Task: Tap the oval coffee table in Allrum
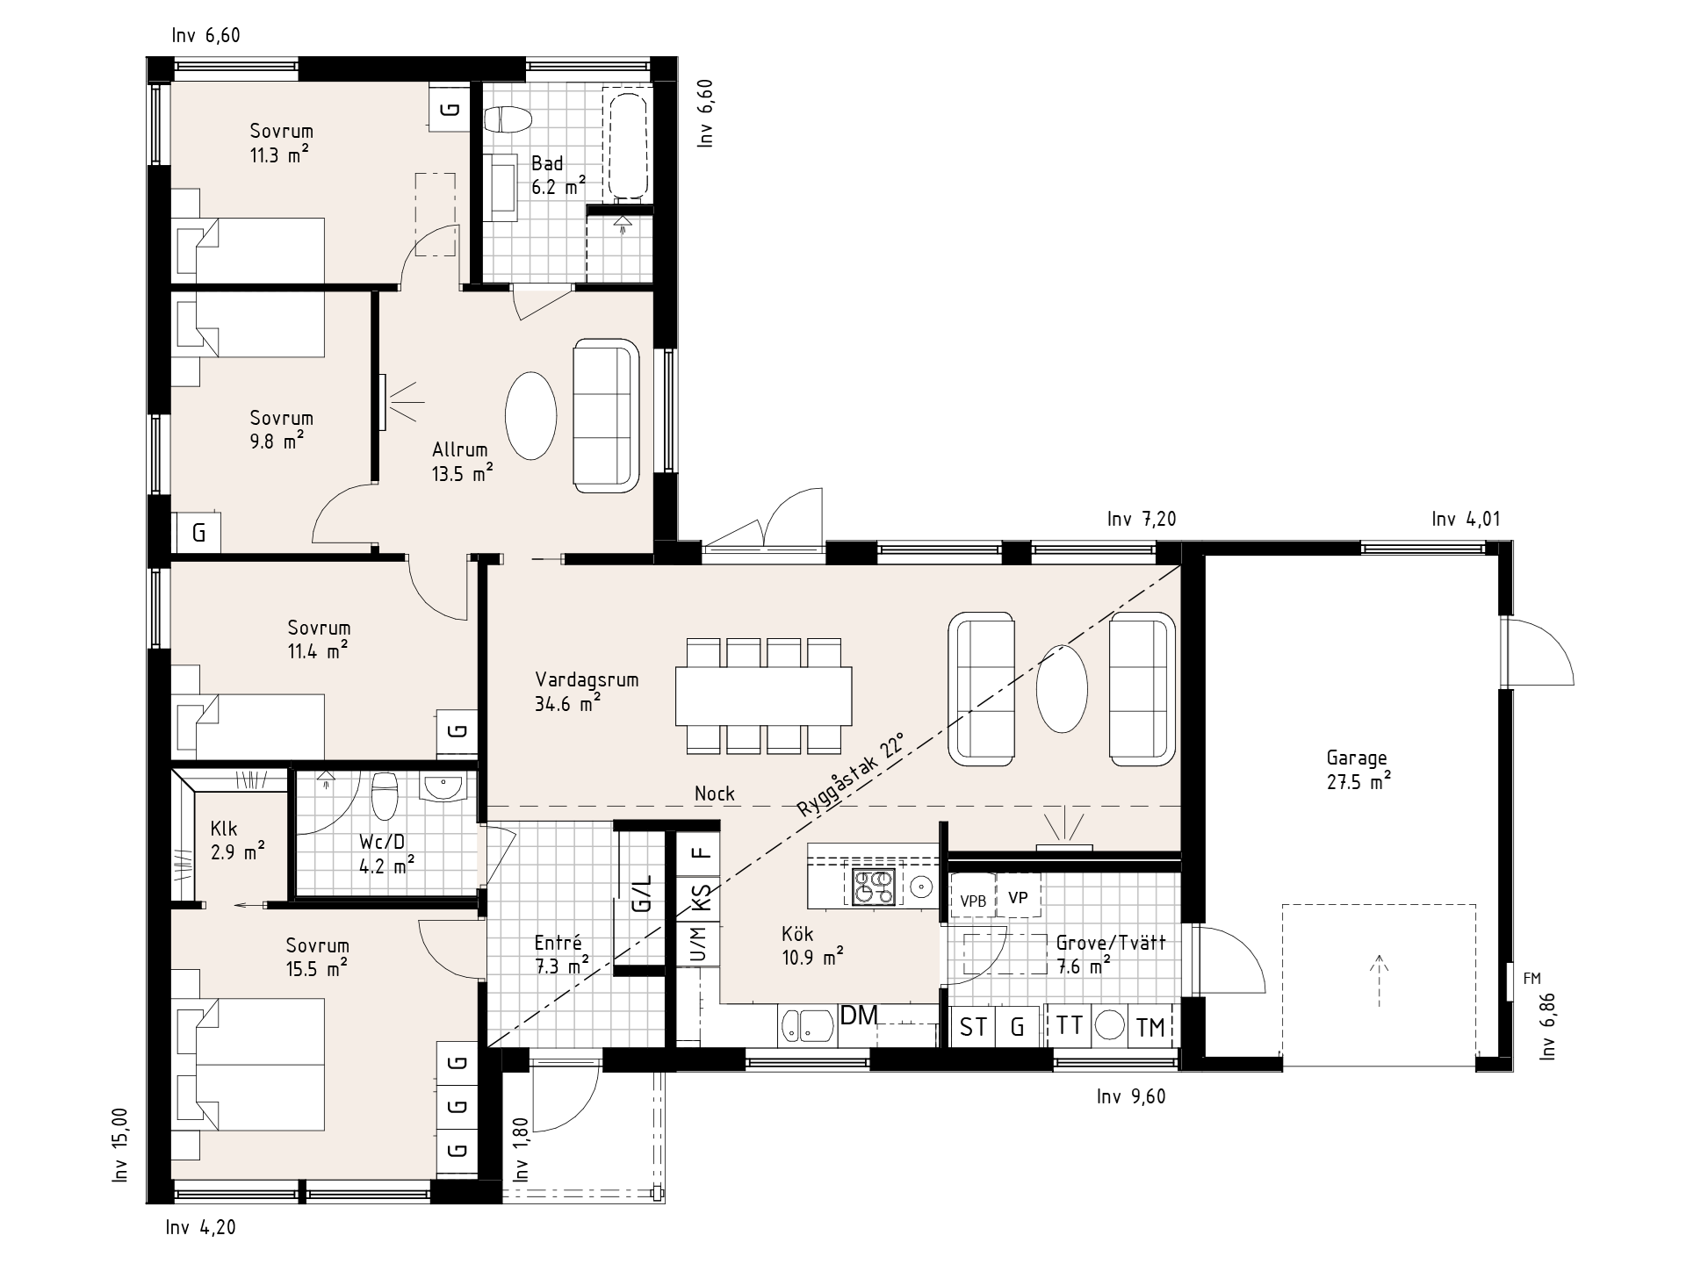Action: [x=530, y=416]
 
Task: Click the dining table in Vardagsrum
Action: [x=763, y=696]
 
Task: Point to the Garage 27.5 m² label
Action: [x=1358, y=770]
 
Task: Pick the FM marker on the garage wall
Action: [x=1531, y=979]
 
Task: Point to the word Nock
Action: [x=715, y=794]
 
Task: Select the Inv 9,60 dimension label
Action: [x=1131, y=1096]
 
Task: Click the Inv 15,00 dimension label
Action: [x=120, y=1144]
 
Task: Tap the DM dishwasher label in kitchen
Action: [x=859, y=1016]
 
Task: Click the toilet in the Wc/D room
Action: [x=385, y=795]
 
